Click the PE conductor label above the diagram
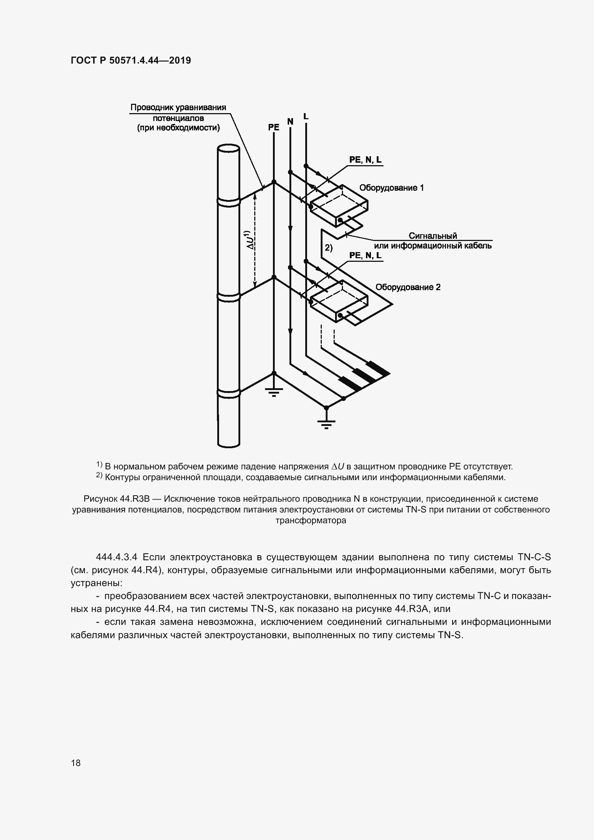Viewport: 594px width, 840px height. point(274,127)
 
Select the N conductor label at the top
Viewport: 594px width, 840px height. point(290,122)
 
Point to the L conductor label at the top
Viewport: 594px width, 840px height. point(306,117)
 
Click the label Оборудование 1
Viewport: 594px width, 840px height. point(391,188)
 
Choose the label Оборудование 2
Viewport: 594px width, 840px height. point(408,287)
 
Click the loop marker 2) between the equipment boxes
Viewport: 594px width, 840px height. point(329,248)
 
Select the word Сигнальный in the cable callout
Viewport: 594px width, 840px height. point(433,236)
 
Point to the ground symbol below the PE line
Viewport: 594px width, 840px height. point(274,393)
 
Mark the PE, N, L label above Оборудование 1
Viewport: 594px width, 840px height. point(365,160)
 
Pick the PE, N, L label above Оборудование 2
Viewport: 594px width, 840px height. point(365,255)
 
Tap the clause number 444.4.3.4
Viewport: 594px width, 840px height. point(116,557)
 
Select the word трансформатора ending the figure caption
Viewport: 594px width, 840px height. point(311,520)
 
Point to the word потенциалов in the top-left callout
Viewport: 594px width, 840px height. point(178,118)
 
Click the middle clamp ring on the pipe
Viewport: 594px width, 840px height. point(228,297)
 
